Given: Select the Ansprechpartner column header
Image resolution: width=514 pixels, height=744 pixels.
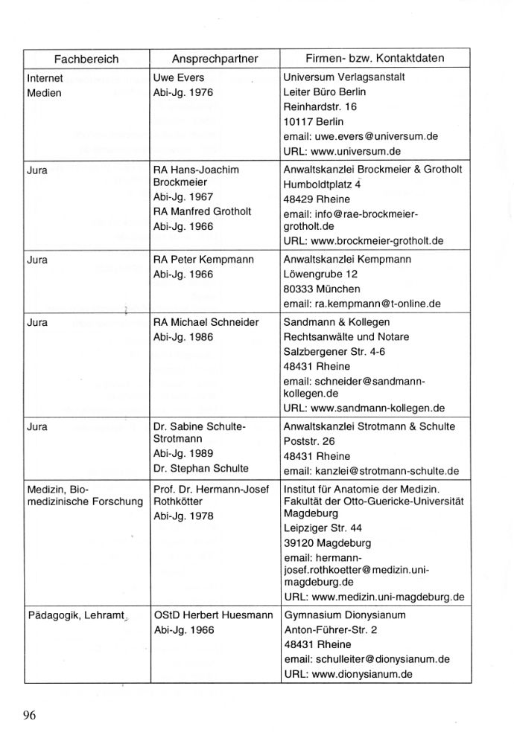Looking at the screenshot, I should pyautogui.click(x=215, y=58).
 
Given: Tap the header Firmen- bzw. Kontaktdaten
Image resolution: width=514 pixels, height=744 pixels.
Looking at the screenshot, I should pyautogui.click(x=375, y=58).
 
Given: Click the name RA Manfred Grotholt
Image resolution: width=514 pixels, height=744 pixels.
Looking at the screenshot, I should pyautogui.click(x=202, y=212).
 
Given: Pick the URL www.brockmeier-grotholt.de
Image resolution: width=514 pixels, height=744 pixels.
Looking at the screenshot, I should pyautogui.click(x=364, y=241).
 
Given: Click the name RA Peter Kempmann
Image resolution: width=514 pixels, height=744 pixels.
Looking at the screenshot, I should pyautogui.click(x=203, y=260).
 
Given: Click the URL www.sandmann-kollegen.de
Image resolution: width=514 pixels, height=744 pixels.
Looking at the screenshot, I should pyautogui.click(x=364, y=408).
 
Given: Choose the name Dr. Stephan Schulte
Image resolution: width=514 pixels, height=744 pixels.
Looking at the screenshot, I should pyautogui.click(x=200, y=468).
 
